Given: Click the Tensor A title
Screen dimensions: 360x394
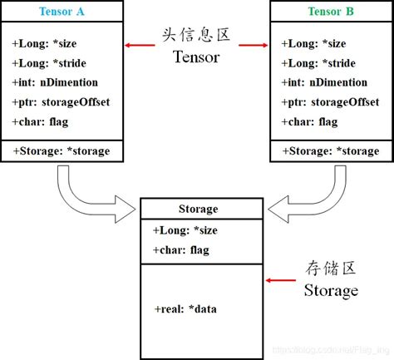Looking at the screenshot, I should pyautogui.click(x=62, y=11).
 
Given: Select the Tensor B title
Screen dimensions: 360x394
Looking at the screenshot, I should pyautogui.click(x=330, y=11).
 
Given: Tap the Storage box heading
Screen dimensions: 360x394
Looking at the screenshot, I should pyautogui.click(x=199, y=210).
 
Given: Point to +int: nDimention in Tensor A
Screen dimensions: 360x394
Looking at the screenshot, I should pyautogui.click(x=56, y=82).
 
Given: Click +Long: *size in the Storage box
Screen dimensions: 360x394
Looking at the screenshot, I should pyautogui.click(x=185, y=230).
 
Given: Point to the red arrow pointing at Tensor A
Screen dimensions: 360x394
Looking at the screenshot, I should pyautogui.click(x=137, y=43).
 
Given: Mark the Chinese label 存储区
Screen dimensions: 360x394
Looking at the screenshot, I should pyautogui.click(x=330, y=269).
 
